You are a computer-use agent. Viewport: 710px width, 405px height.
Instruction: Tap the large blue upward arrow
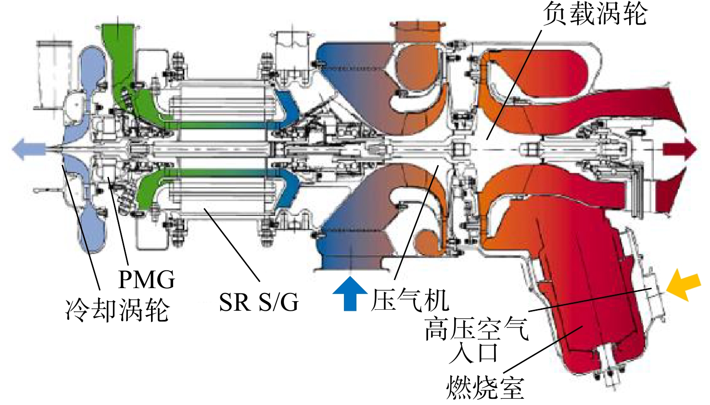coord(350,293)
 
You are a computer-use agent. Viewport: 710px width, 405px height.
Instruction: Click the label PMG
coord(146,279)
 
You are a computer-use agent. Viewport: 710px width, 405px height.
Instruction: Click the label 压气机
coord(410,300)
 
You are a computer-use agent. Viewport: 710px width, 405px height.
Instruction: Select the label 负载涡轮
coord(595,13)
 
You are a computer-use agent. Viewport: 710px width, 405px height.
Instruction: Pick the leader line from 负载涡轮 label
coord(514,85)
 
